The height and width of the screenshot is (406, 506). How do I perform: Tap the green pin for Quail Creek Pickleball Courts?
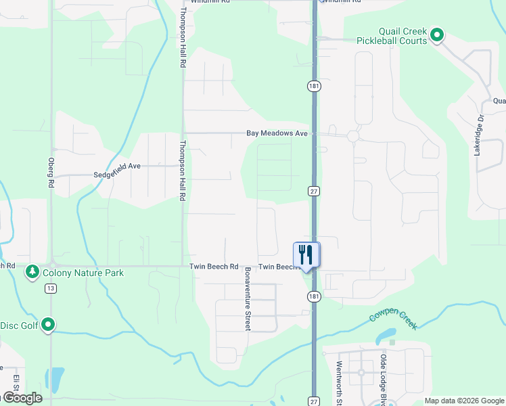tap(437, 35)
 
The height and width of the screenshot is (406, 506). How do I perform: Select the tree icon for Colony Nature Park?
tap(32, 272)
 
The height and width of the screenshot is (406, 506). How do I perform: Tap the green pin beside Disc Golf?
tap(48, 325)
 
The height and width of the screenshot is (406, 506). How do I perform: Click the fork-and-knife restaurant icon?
tap(306, 255)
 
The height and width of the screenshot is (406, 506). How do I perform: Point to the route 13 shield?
tap(50, 289)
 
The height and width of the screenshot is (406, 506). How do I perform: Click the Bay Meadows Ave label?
tap(277, 134)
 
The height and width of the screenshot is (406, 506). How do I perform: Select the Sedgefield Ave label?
tap(116, 165)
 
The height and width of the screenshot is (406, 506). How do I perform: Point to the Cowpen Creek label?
tap(393, 320)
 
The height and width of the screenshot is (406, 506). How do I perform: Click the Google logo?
tap(22, 398)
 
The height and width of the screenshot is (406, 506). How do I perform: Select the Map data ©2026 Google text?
tap(464, 401)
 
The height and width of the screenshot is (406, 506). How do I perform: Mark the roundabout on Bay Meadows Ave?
tap(352, 136)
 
